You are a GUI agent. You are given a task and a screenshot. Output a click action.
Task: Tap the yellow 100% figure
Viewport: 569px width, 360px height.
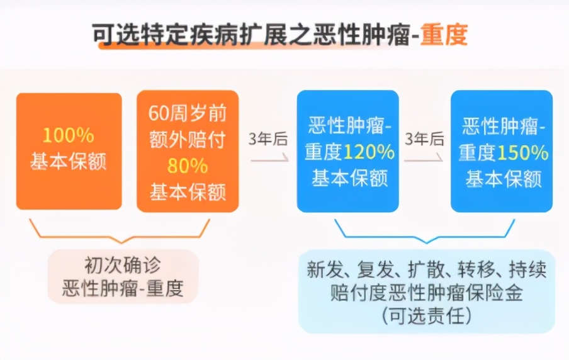pos(69,135)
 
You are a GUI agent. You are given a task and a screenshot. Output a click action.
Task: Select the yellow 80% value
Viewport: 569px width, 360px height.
pos(188,166)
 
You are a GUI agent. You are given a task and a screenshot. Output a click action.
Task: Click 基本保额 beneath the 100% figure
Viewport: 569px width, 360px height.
pos(69,162)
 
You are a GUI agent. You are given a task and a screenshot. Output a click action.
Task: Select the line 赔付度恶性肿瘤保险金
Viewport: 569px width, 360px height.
pos(427,293)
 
